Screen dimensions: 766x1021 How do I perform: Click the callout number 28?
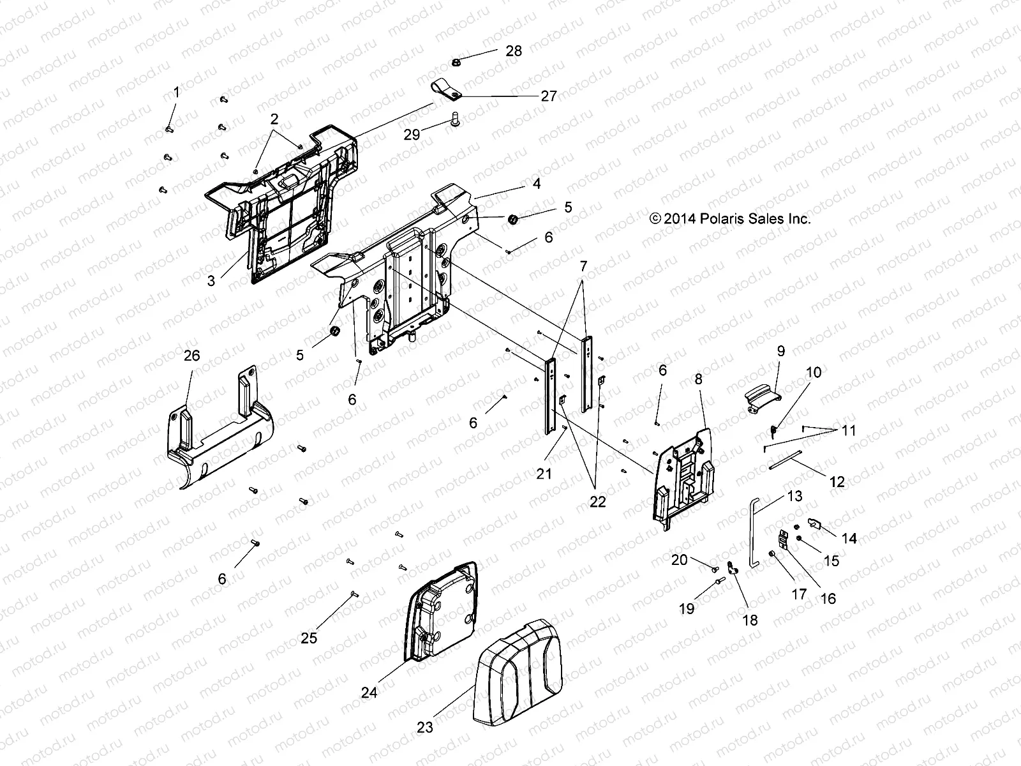point(513,51)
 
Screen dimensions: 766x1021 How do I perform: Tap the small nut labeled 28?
point(456,62)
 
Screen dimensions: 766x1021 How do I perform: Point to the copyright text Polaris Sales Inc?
point(730,219)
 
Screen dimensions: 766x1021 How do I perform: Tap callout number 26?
point(191,356)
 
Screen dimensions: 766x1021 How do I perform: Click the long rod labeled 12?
point(792,460)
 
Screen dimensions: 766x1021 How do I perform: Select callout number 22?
point(597,502)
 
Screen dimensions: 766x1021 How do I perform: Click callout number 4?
point(536,184)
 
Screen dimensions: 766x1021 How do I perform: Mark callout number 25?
point(309,638)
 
